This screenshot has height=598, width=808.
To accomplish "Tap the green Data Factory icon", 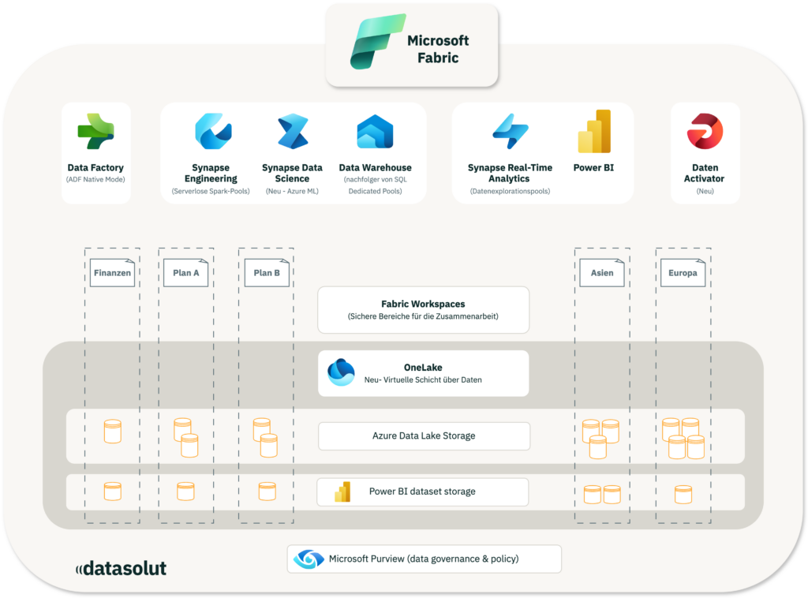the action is point(95,131).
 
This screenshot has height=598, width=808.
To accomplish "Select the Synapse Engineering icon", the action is point(213,131).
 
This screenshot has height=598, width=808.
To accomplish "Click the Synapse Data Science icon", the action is point(293,131).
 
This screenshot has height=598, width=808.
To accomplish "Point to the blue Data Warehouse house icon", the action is point(375,131).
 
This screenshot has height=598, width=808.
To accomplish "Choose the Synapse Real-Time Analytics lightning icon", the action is point(511,131).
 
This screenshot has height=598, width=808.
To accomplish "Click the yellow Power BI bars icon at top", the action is point(594,131).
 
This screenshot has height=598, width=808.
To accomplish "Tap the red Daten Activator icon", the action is point(705,131).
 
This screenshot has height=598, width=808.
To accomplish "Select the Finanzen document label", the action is point(112,272).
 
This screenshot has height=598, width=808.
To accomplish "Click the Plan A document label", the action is point(186,272).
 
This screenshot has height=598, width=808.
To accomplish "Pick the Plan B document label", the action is point(267,272).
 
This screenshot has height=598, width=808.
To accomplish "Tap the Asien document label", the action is point(602,272).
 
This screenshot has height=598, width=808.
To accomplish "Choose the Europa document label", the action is point(683,272).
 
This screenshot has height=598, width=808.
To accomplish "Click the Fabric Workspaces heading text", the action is point(423,304).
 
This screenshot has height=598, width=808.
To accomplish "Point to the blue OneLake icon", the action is point(341,372).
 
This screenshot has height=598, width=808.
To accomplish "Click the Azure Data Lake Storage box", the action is point(424,435).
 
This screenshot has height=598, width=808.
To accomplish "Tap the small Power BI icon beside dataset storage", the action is point(342,492).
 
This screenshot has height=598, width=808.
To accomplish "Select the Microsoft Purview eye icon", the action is point(309,559).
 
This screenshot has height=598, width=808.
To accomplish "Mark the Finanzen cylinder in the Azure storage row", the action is point(113,432).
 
